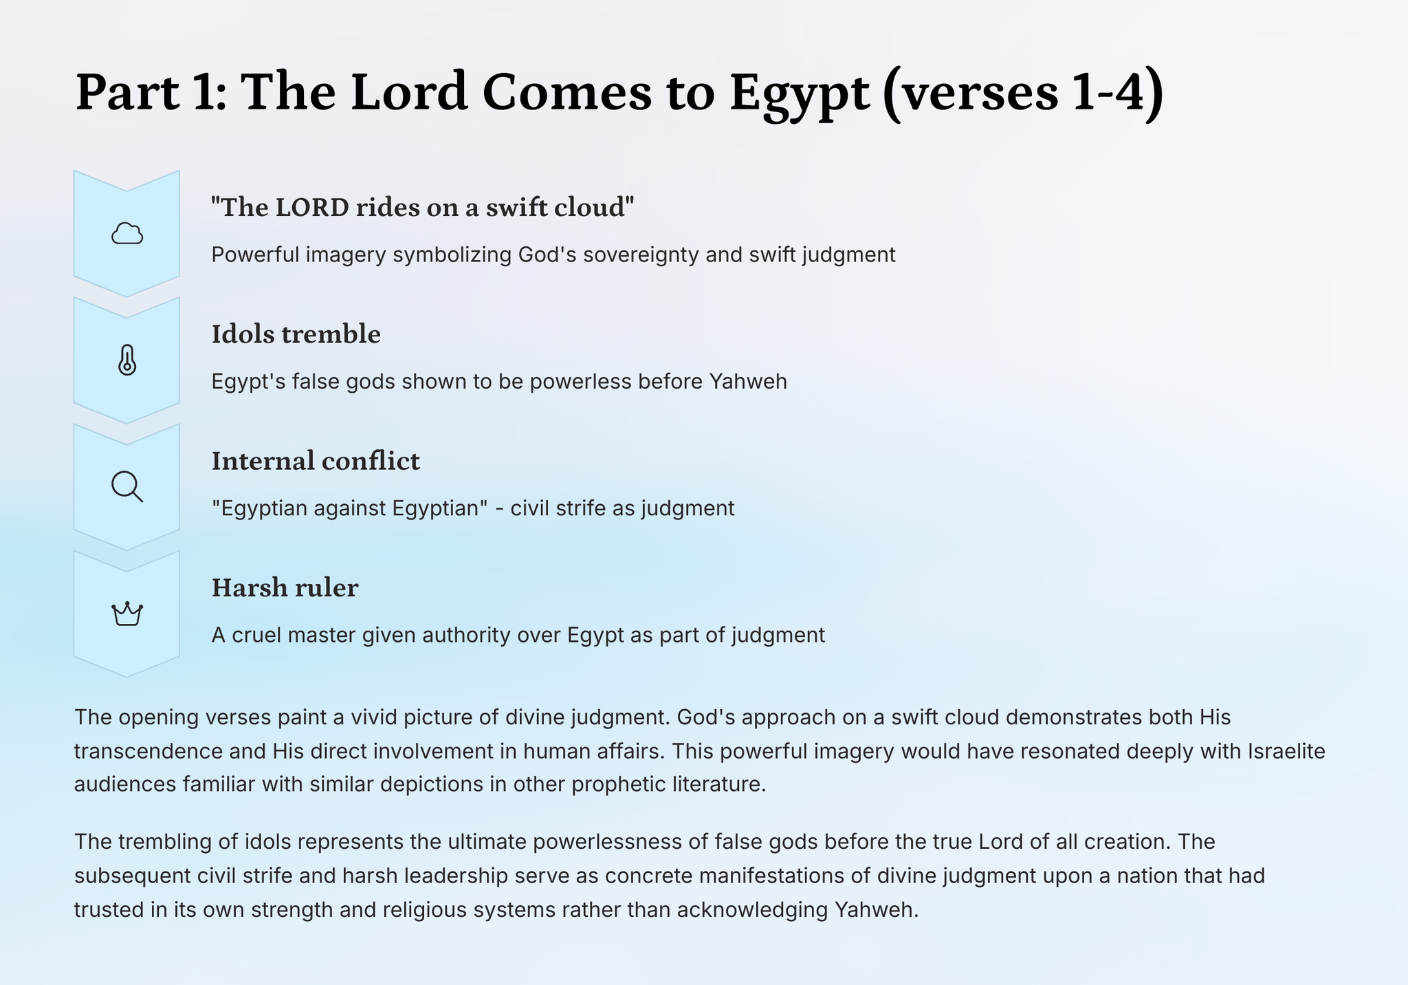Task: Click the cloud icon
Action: [x=127, y=234]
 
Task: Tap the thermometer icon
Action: [x=127, y=360]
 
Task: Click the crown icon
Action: [x=127, y=614]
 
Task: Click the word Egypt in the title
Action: [x=800, y=94]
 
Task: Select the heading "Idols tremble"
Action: [x=296, y=334]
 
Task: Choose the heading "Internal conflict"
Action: [x=316, y=461]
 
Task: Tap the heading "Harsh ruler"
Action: [x=285, y=587]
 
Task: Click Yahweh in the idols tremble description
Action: [x=748, y=381]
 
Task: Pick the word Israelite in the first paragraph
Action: [x=1286, y=750]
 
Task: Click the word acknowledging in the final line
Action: [x=752, y=910]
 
